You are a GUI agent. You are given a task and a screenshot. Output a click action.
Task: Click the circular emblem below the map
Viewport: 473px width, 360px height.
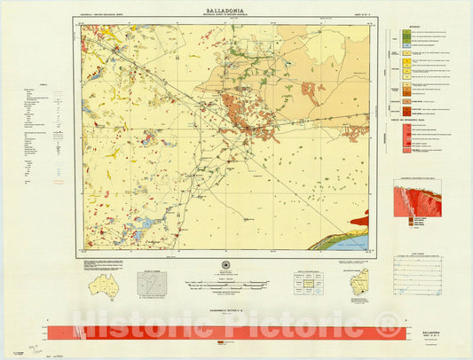tap(225, 268)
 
